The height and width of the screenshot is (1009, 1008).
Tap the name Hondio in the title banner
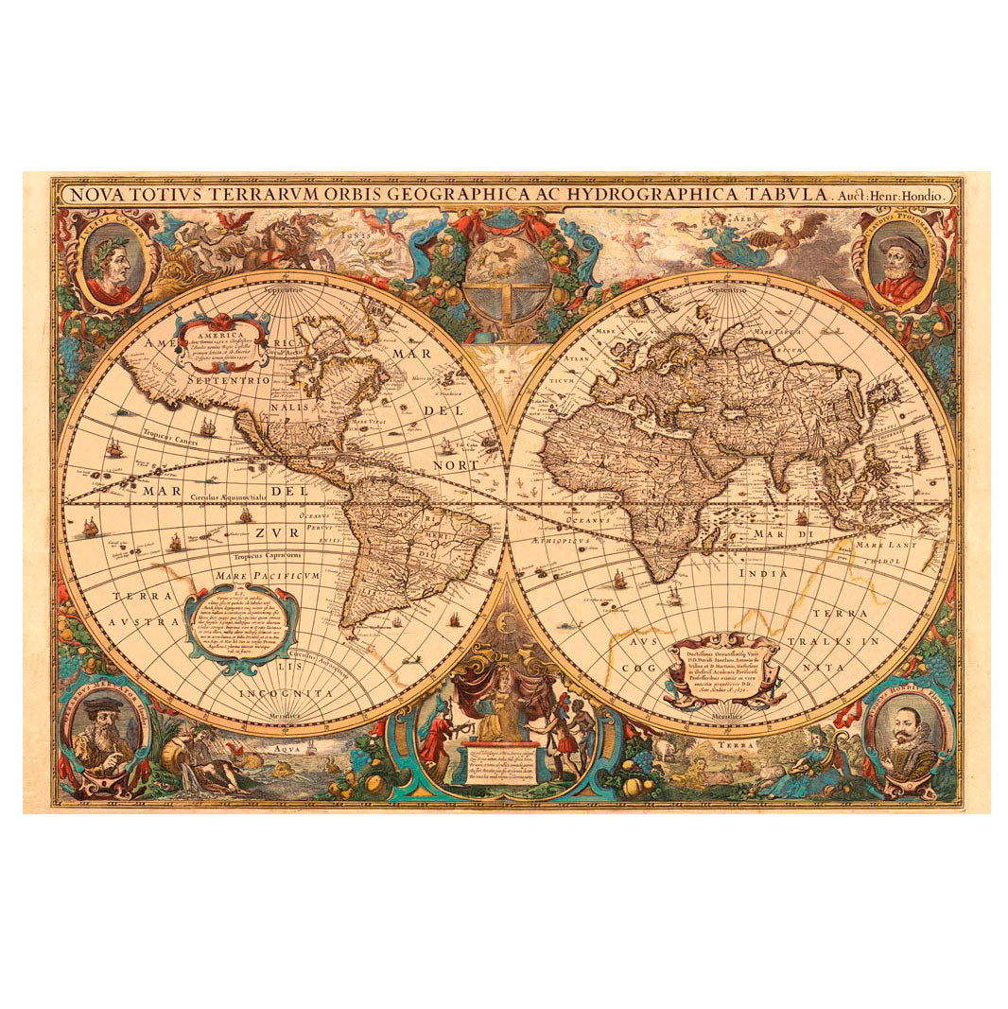[x=928, y=194]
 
